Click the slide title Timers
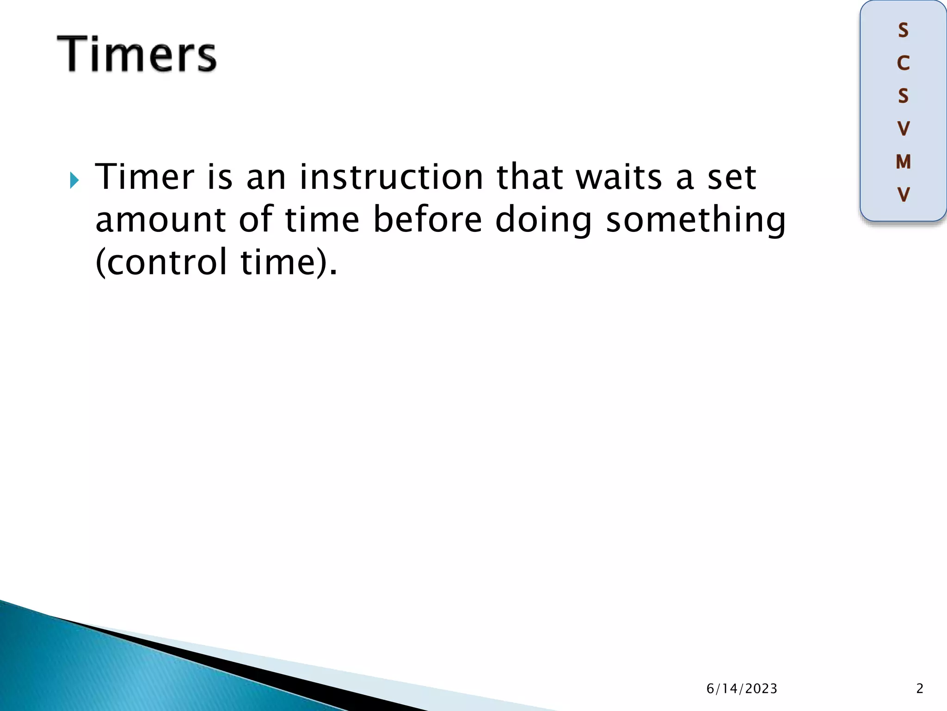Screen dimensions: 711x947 [137, 54]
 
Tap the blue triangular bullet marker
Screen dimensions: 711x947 [74, 180]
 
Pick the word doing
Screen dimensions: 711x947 [543, 220]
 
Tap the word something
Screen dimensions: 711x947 [695, 220]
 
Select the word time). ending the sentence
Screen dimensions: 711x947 [289, 262]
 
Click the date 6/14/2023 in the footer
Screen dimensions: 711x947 [742, 689]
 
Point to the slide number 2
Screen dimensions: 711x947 [920, 689]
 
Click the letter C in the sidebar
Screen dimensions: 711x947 [903, 63]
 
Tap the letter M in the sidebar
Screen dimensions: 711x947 [903, 162]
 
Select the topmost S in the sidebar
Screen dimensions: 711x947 [903, 31]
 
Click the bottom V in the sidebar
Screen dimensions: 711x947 [903, 195]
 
